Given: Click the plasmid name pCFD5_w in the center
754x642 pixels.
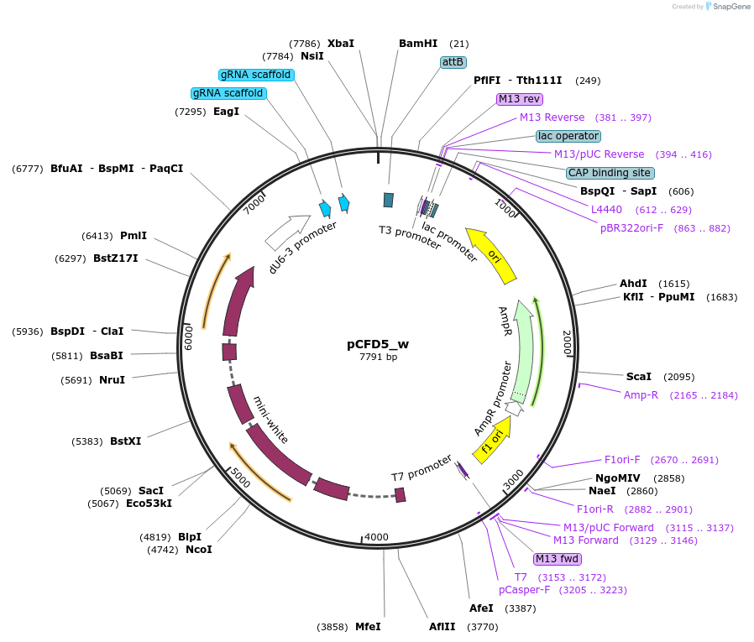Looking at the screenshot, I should click(378, 343).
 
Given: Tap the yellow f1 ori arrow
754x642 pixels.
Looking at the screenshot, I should click(492, 439).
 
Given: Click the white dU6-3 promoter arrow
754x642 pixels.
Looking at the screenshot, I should click(288, 232).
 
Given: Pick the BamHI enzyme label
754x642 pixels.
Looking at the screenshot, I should click(417, 44).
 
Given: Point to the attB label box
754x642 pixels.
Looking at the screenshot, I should click(453, 62).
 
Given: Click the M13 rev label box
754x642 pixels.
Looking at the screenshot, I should click(520, 99).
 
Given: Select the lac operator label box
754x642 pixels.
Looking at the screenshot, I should click(568, 136).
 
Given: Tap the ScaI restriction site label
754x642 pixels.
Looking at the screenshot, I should click(639, 377).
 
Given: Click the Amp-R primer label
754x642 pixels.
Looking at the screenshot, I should click(641, 394).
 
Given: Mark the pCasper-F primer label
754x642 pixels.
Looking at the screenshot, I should click(524, 590).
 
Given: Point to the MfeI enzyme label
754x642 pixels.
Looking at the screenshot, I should click(368, 627).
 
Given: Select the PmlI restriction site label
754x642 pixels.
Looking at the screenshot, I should click(133, 236).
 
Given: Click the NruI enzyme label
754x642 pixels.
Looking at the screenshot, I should click(112, 380).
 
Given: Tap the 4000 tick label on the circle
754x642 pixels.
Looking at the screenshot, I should click(376, 537).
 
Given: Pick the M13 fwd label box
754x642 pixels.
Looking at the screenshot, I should click(557, 559).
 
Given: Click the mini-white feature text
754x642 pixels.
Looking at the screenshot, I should click(271, 420).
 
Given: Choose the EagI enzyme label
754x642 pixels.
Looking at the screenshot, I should click(226, 112).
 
